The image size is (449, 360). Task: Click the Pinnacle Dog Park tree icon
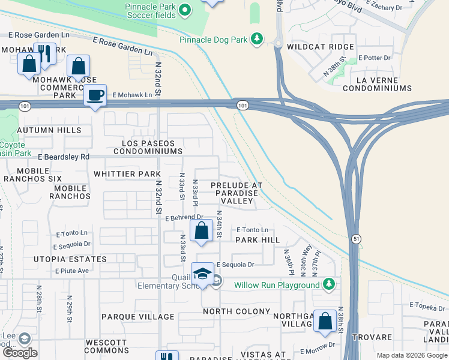tap(258, 39)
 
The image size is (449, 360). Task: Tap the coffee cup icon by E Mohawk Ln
tap(95, 95)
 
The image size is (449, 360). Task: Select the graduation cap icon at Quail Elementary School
tap(203, 274)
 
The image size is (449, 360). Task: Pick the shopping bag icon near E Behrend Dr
tap(202, 230)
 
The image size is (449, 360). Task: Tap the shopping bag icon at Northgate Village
tap(325, 321)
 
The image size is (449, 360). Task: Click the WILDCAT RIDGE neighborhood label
tap(321, 47)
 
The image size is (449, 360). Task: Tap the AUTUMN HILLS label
tap(49, 130)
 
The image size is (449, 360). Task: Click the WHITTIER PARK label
tap(127, 174)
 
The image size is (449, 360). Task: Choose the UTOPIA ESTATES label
tap(71, 259)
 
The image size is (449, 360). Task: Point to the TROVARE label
tap(372, 337)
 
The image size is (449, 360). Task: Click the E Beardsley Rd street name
tap(63, 157)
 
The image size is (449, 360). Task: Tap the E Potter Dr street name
tap(374, 58)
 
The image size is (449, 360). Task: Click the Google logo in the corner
tap(20, 353)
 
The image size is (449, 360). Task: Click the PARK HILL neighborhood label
tap(258, 239)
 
